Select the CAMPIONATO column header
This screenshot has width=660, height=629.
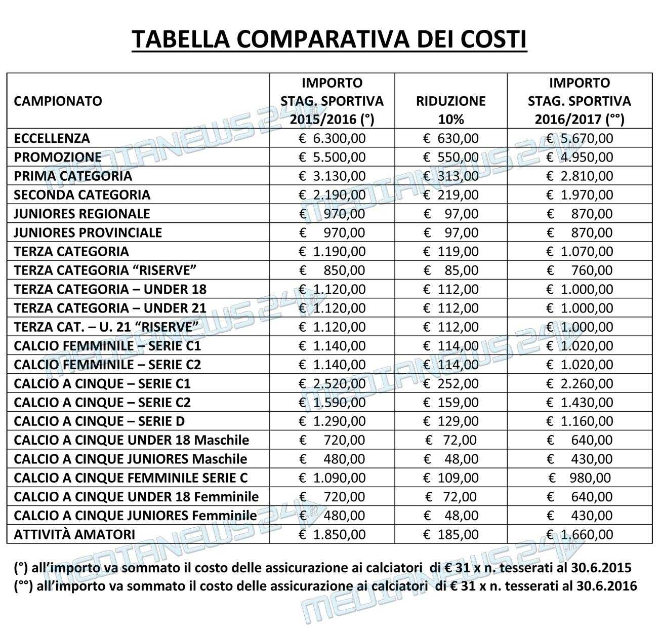[x=58, y=101]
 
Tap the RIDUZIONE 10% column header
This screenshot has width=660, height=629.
[x=450, y=110]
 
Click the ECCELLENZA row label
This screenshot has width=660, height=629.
[x=52, y=138]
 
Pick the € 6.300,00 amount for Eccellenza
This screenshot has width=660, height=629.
[x=332, y=138]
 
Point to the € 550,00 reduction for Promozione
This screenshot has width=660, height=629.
[x=450, y=157]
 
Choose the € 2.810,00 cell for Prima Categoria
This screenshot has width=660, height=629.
[x=580, y=176]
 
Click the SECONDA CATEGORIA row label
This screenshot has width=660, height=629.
[x=82, y=195]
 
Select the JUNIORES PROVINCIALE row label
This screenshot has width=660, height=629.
[x=88, y=232]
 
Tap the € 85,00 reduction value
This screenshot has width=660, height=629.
[x=450, y=270]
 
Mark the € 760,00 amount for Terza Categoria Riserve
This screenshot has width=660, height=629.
[x=580, y=270]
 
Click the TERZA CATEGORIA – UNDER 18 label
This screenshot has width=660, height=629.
[x=110, y=289]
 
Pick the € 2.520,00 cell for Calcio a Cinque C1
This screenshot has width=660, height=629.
[x=332, y=383]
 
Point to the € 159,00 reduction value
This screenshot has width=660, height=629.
[x=450, y=403]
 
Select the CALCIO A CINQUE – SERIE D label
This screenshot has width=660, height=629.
[x=99, y=421]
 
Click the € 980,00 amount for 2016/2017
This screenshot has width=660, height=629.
[x=580, y=478]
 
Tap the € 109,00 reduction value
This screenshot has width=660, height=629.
[x=450, y=478]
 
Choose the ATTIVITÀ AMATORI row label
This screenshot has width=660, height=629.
[x=74, y=534]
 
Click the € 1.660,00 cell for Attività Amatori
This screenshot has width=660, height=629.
[x=580, y=534]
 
